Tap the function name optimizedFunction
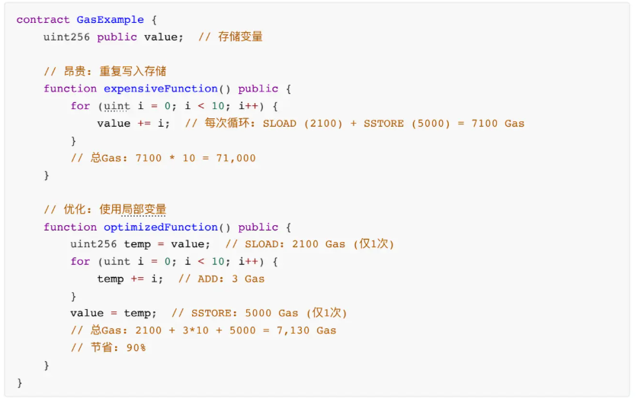tap(161, 227)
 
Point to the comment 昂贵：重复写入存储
tap(105, 71)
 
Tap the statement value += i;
tap(133, 123)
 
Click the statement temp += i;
tap(130, 279)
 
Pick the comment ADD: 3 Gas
tap(222, 279)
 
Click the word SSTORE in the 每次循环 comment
tap(383, 123)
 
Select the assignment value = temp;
tap(114, 313)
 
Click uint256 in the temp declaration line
tap(93, 244)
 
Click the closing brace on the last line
tap(20, 382)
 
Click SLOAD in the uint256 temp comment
tap(261, 244)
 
